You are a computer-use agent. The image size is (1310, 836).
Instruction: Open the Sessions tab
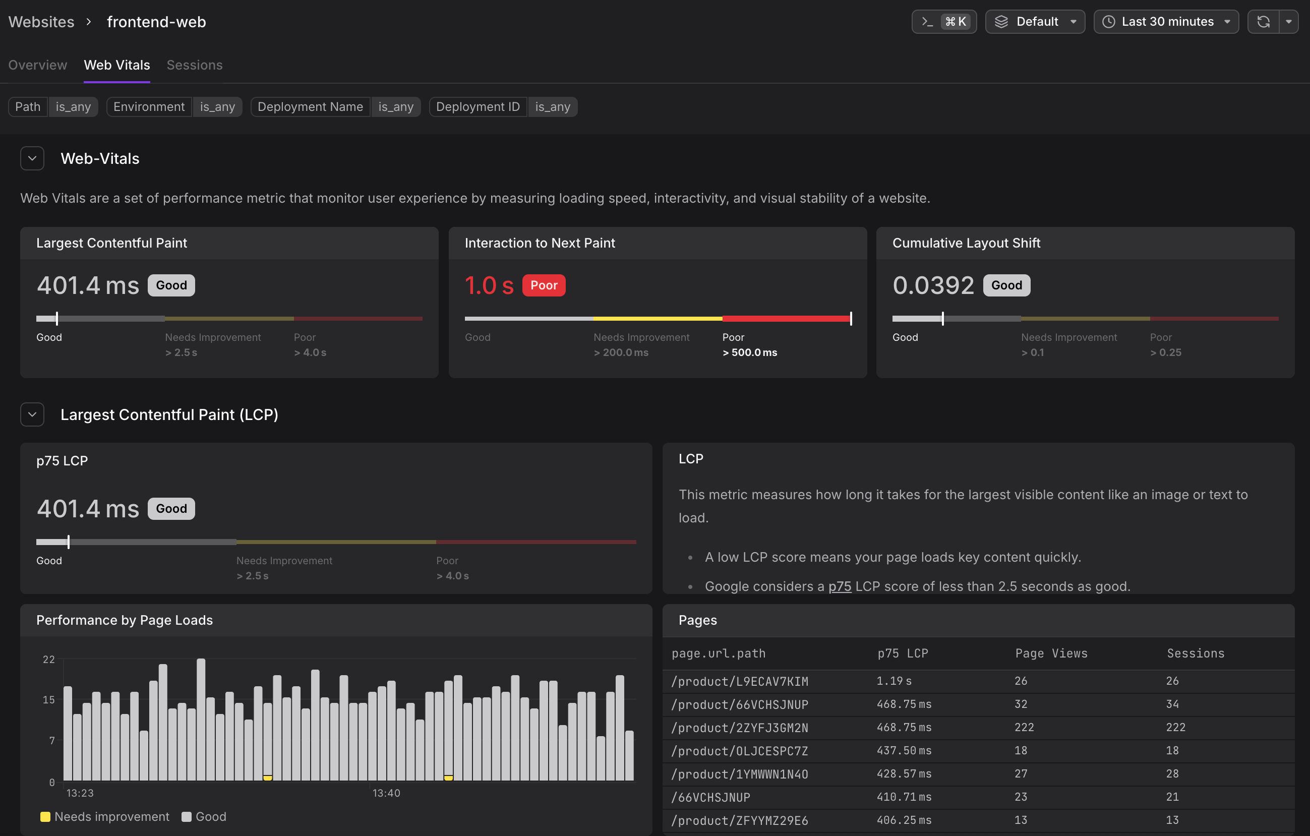(194, 65)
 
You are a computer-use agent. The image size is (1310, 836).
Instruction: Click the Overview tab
(37, 65)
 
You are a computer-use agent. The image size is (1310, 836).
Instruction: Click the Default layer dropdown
(1035, 22)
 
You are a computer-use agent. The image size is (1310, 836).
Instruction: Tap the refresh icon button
(1263, 22)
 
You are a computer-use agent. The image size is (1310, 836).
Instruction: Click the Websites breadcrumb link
(41, 22)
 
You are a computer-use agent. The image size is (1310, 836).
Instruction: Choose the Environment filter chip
(149, 106)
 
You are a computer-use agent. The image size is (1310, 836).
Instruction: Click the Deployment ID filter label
(478, 106)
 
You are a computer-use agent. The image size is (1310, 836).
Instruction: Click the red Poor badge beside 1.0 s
(544, 285)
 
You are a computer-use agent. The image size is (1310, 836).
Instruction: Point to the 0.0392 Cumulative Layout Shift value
(933, 285)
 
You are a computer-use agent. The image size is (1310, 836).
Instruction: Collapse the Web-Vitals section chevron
(32, 158)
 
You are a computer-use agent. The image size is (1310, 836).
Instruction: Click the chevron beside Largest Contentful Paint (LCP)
(32, 414)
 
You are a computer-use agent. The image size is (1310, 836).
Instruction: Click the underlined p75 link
(840, 586)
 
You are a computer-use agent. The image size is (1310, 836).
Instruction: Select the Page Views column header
(1051, 653)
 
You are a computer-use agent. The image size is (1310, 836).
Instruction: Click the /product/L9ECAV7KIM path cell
(739, 681)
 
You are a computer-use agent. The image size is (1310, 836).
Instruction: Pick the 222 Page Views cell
(1024, 727)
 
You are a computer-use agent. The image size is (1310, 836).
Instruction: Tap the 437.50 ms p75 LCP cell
(904, 751)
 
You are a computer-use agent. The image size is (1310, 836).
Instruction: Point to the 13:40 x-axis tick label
(386, 793)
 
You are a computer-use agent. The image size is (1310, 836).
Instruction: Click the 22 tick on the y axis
(49, 659)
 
